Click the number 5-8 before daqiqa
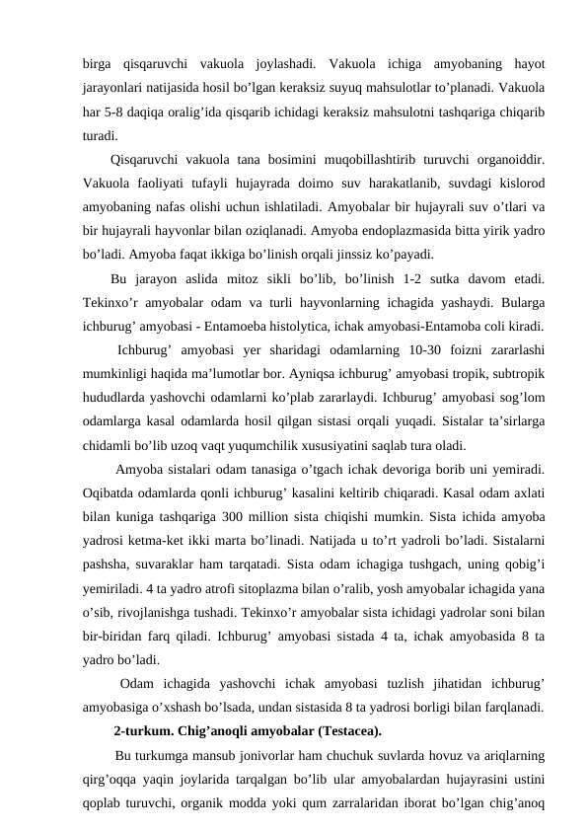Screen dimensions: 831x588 click(117, 108)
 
